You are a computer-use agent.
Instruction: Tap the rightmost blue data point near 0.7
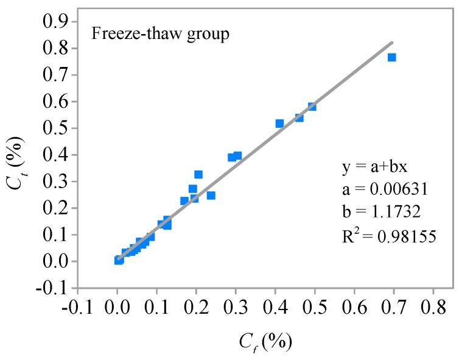point(392,57)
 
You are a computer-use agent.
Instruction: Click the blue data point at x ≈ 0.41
point(279,124)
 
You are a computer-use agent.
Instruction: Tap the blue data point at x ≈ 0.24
point(211,196)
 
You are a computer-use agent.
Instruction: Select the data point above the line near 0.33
point(198,175)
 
